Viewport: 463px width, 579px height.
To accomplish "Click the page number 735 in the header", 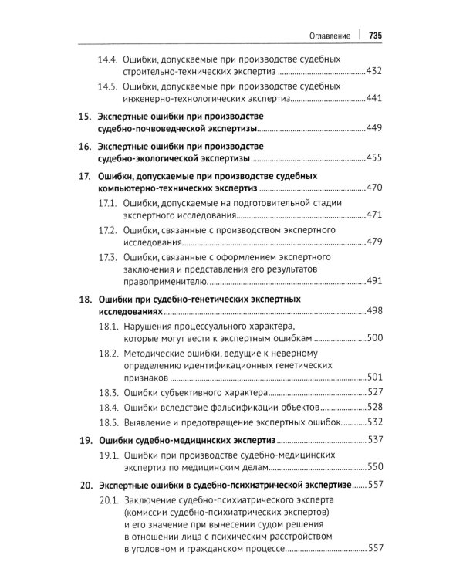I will tap(377, 36).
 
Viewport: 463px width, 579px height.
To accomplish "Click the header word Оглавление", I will tap(330, 36).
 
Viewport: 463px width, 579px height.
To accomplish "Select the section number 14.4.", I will tap(108, 60).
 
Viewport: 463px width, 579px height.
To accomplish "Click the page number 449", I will tap(374, 128).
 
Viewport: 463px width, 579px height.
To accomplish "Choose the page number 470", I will tap(374, 188).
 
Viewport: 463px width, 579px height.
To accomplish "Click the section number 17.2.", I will tap(108, 231).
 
